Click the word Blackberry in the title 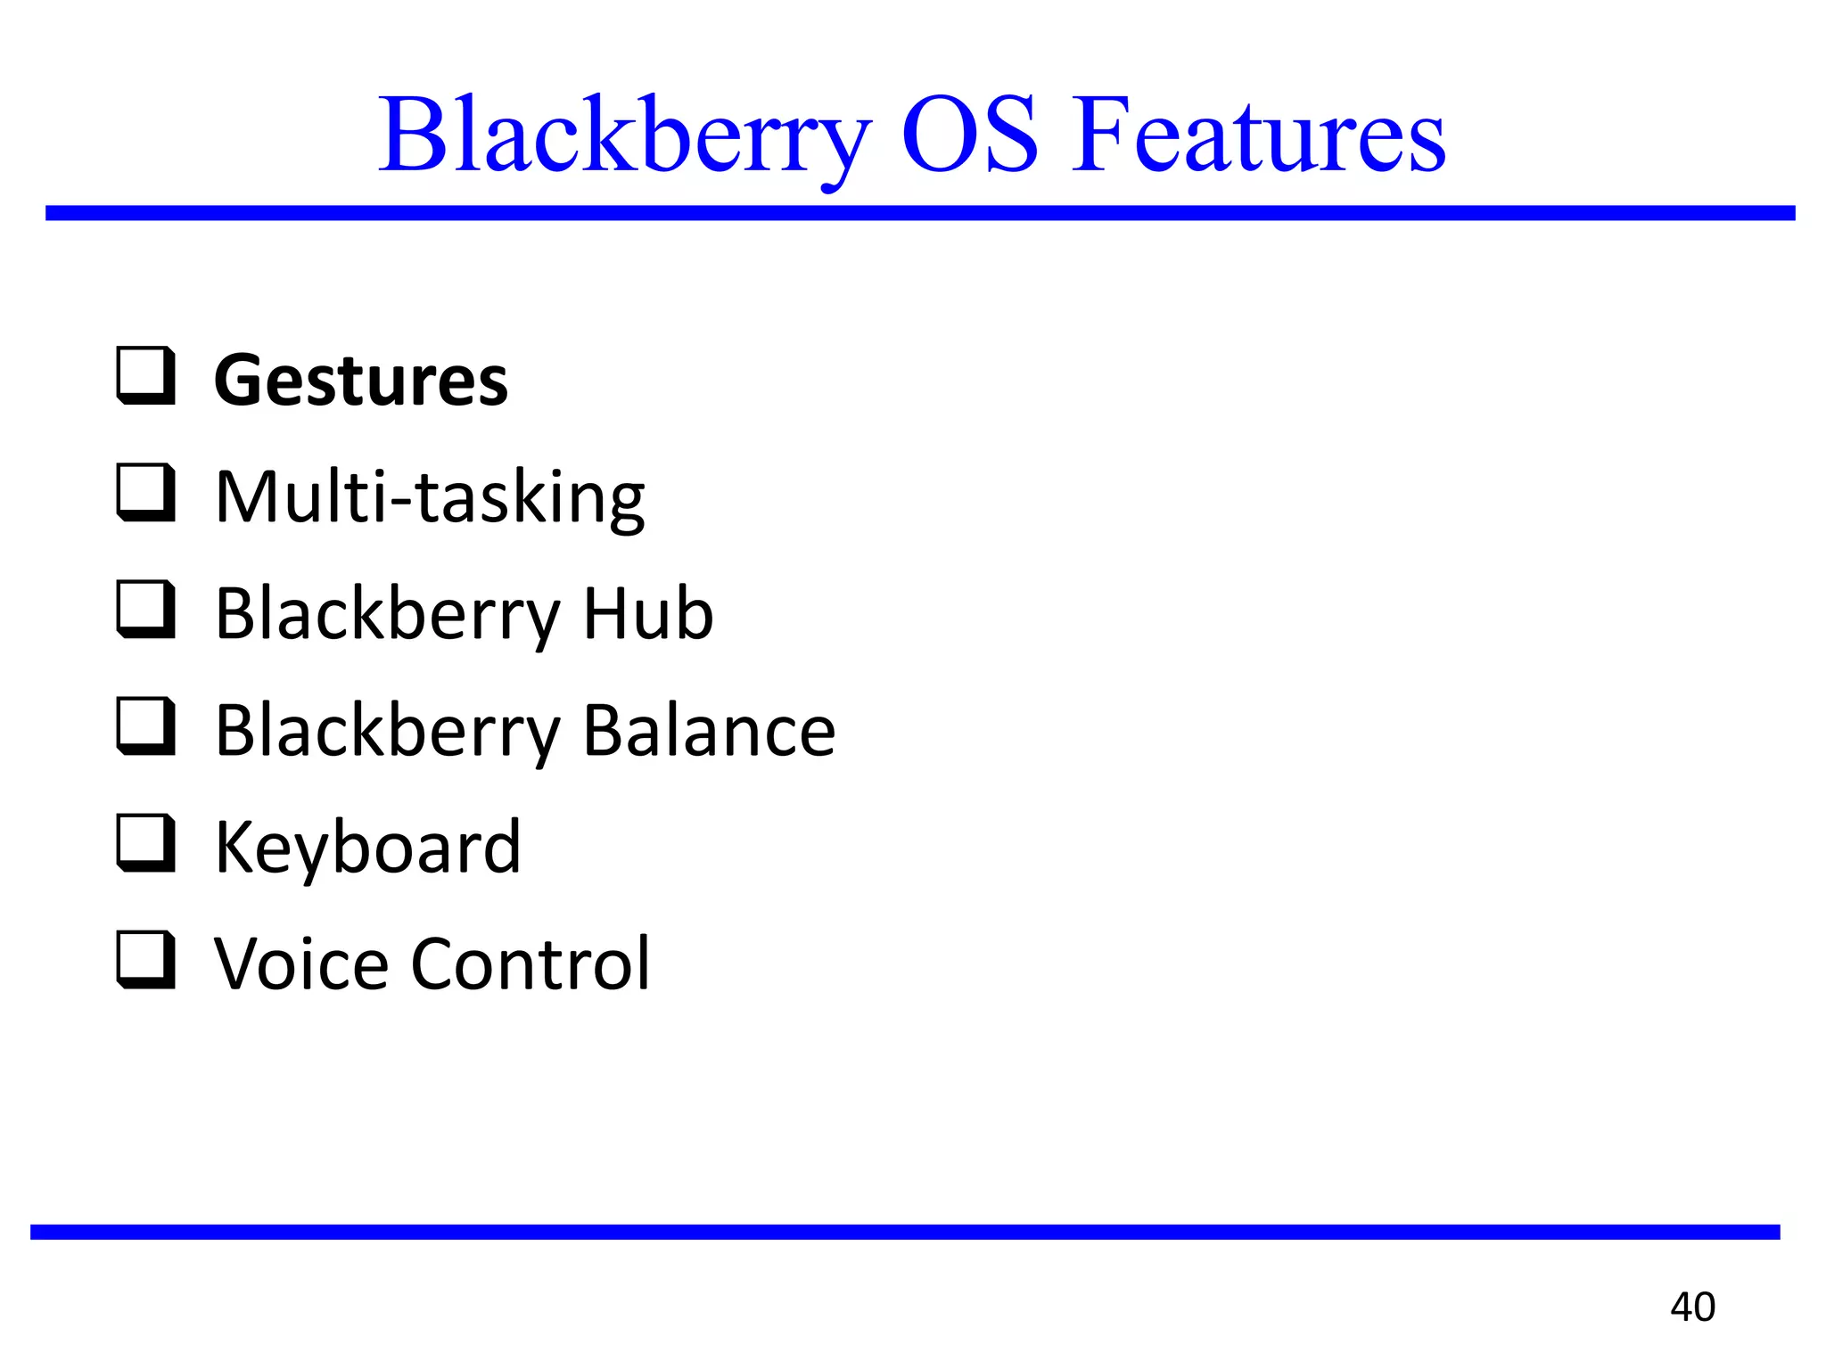click(x=624, y=135)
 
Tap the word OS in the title click(x=970, y=135)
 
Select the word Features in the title click(x=1258, y=135)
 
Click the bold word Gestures click(x=361, y=381)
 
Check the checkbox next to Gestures click(x=145, y=376)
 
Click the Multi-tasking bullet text click(x=430, y=496)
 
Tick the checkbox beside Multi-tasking click(x=145, y=493)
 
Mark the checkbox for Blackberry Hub click(x=145, y=610)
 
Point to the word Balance click(x=710, y=730)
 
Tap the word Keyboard click(x=367, y=848)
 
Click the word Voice click(x=301, y=963)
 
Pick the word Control click(x=531, y=963)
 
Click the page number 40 click(x=1692, y=1307)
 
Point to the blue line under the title click(x=920, y=213)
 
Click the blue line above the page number click(x=905, y=1232)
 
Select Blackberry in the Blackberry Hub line click(x=388, y=615)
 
